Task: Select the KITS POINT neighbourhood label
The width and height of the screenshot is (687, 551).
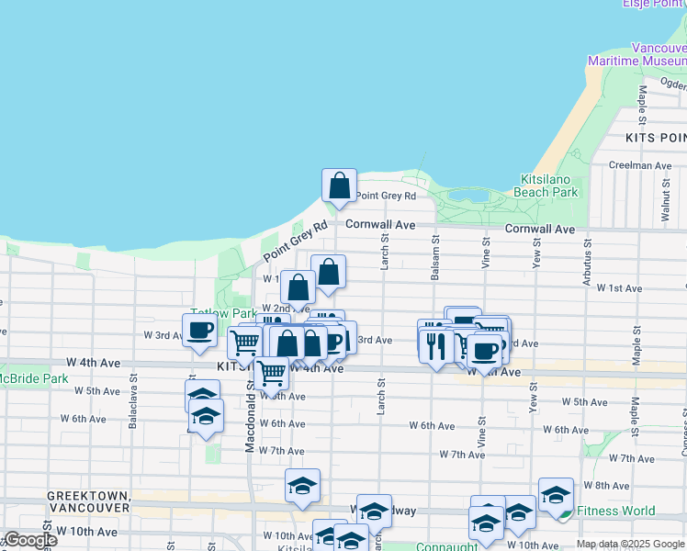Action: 655,137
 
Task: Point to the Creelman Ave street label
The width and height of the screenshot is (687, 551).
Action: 640,165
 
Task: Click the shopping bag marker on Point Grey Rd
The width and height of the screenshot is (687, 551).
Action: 339,186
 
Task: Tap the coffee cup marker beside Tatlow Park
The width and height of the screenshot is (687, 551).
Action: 199,331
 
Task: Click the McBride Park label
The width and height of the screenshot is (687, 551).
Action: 33,378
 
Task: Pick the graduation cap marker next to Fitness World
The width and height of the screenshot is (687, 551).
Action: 556,495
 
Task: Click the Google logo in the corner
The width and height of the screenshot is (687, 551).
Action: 29,540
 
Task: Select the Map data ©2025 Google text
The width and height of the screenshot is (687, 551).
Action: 630,544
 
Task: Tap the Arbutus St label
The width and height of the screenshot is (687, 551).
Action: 586,264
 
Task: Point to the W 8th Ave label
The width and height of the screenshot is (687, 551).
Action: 607,485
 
